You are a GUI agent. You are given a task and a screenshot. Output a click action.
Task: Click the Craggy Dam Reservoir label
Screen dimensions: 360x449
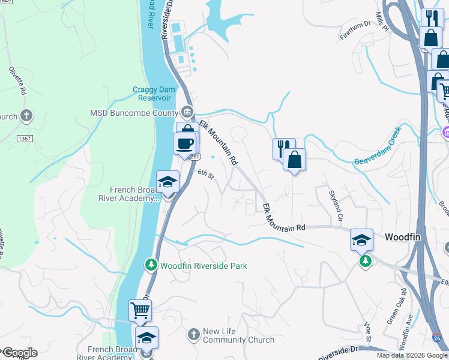coord(152,94)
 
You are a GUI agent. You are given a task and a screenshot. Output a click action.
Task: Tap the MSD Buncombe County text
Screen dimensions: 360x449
coord(134,113)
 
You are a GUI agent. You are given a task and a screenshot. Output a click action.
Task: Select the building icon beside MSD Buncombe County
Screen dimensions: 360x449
coord(187,112)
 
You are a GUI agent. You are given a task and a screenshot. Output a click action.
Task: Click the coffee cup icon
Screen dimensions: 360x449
coord(184,144)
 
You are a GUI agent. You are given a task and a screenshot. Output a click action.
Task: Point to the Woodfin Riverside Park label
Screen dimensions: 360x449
coord(203,266)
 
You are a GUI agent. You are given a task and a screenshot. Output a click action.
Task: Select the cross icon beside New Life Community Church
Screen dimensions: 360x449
coord(193,334)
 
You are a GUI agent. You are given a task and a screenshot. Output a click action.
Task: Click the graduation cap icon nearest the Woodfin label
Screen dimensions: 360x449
coord(362,239)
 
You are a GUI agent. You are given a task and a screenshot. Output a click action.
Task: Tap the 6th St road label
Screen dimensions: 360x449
coord(206,174)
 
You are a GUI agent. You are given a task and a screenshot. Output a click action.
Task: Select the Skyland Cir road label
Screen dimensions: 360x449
coord(336,205)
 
